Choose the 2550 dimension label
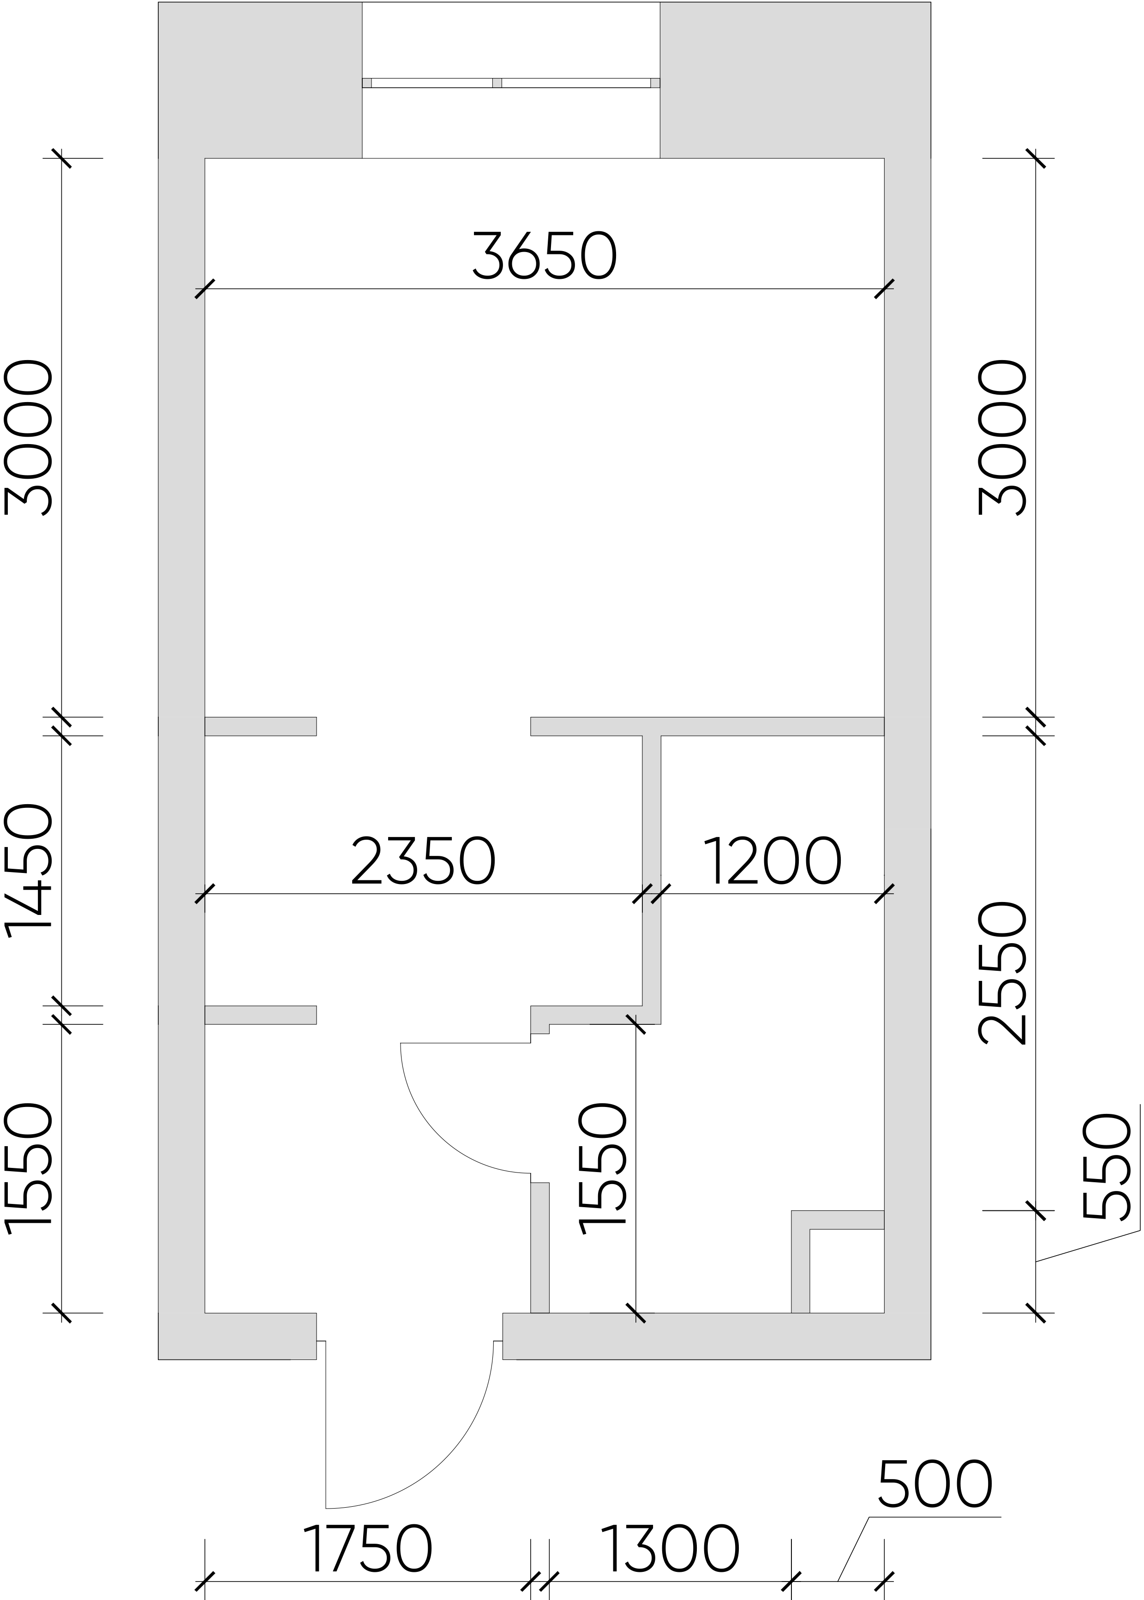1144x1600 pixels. [x=1002, y=972]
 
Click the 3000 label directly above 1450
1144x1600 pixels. [x=28, y=438]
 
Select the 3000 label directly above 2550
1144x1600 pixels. [x=1002, y=438]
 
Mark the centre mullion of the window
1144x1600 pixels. [x=497, y=83]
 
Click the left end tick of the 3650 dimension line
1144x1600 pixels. [x=204, y=289]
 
